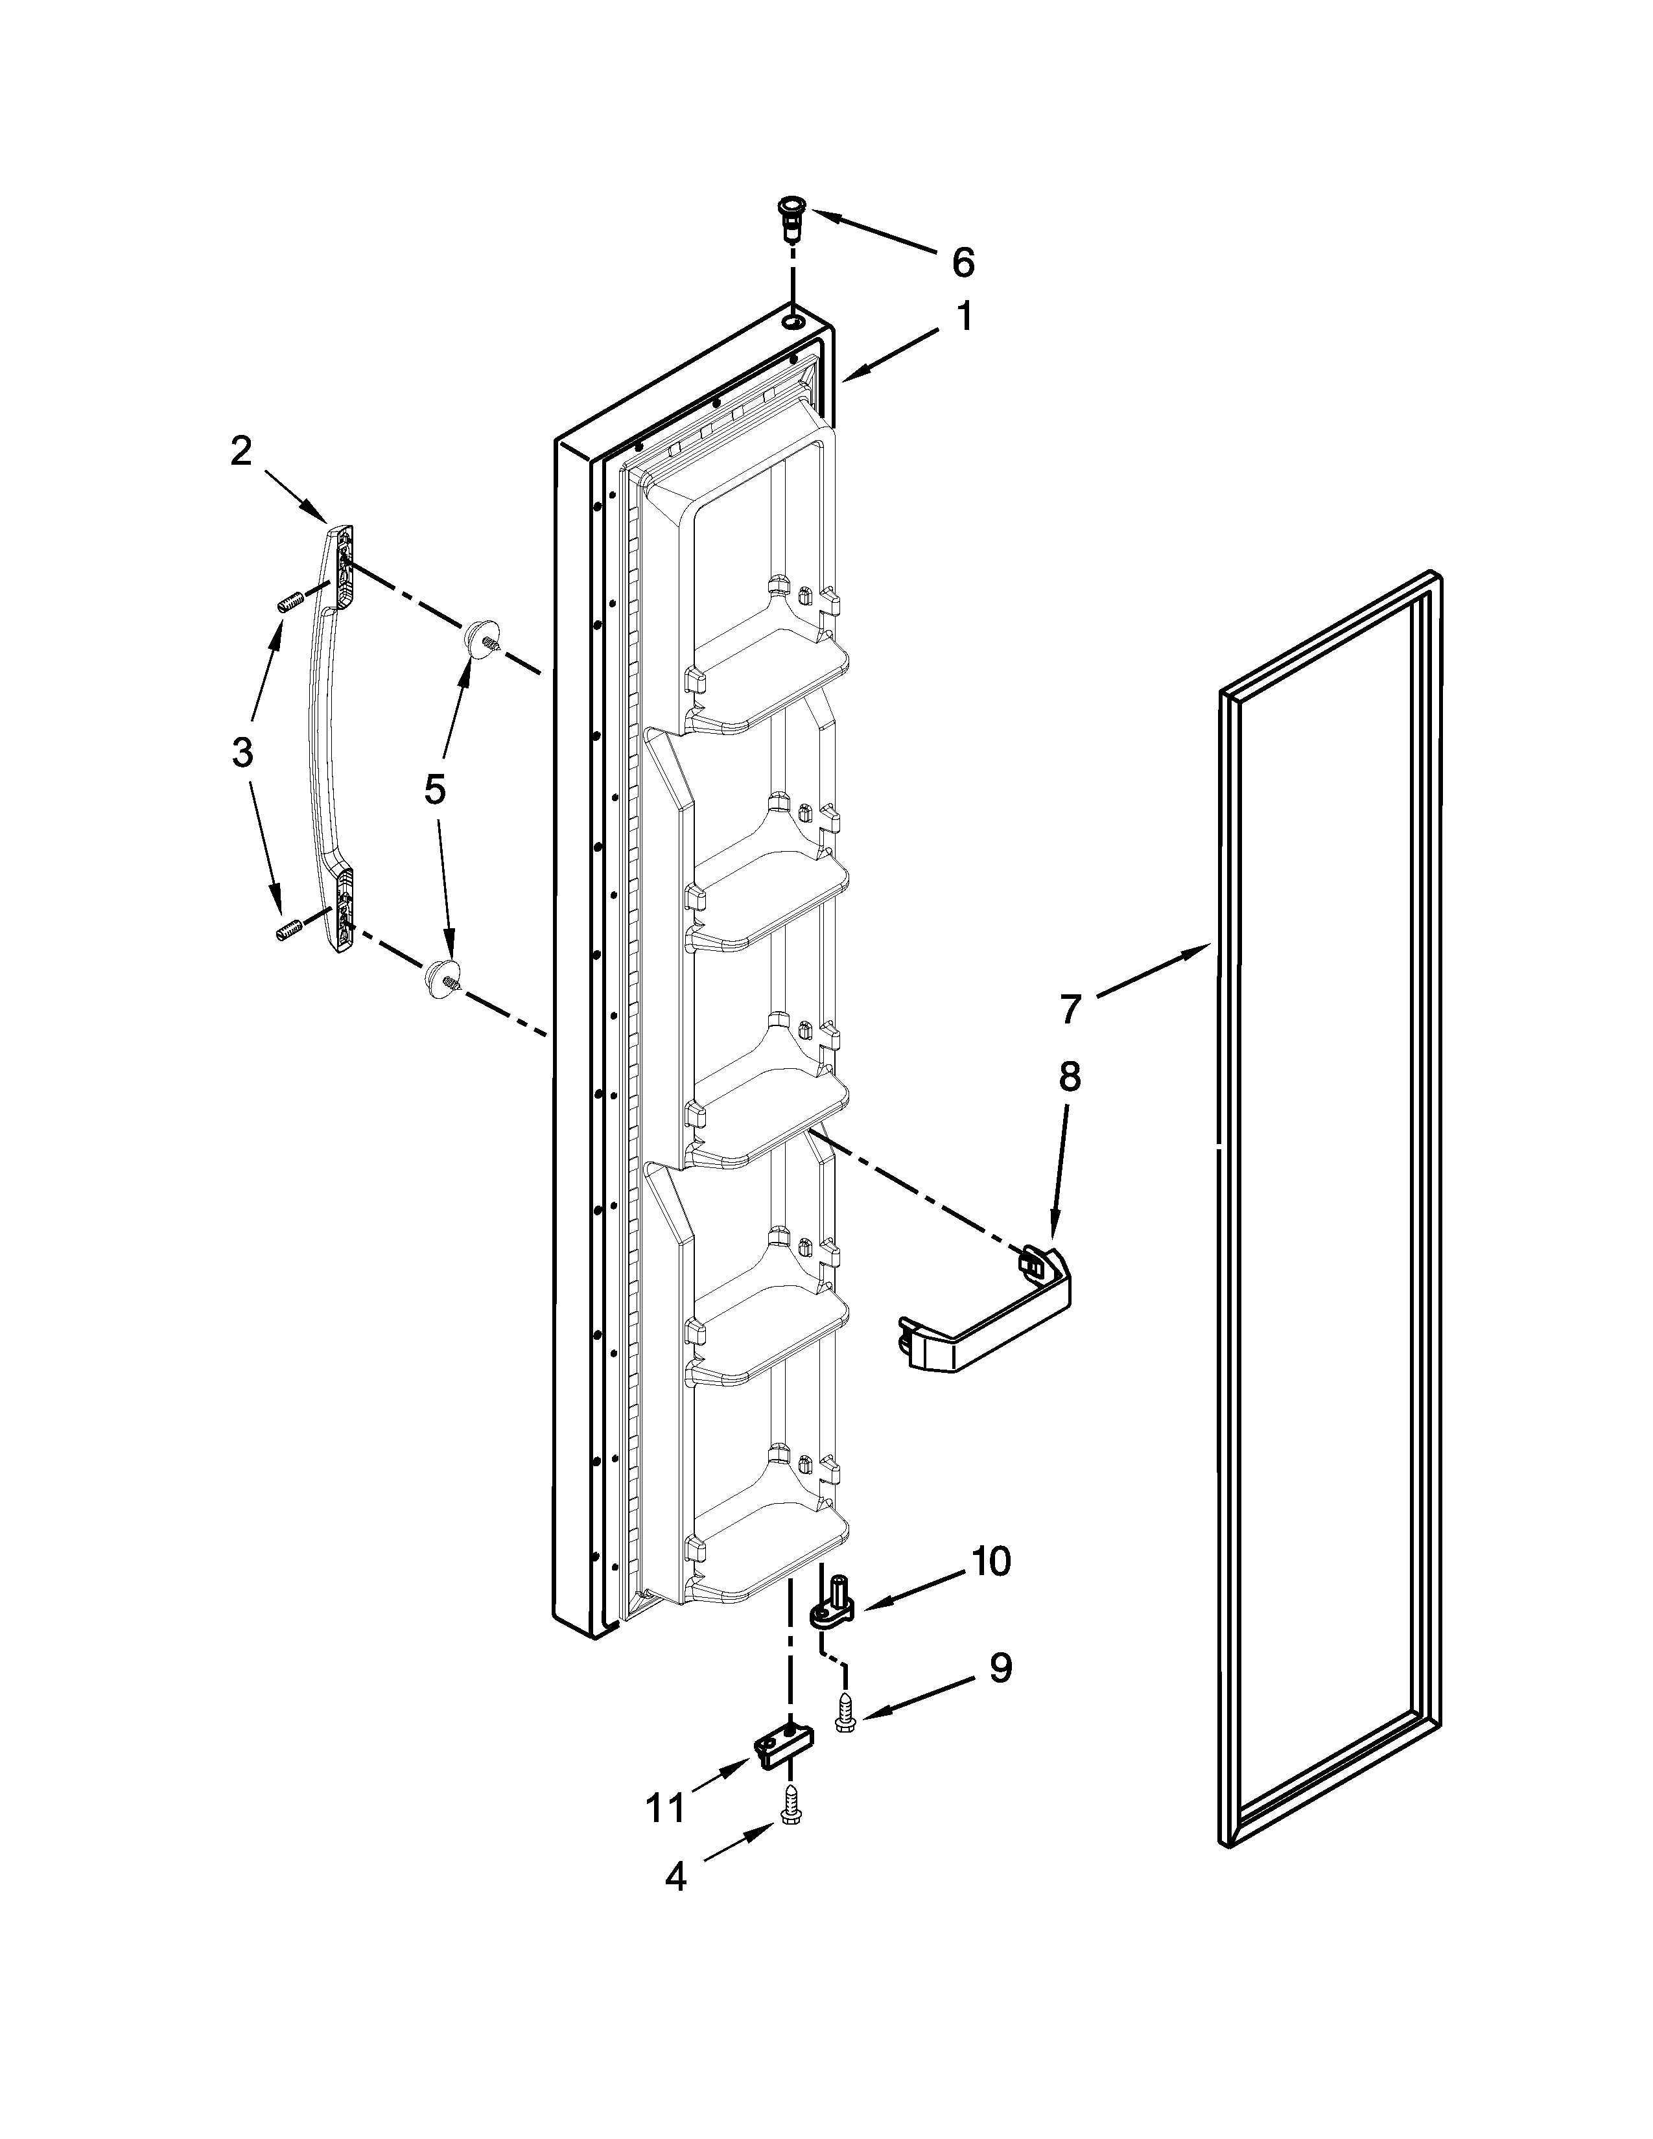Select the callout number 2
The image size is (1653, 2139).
(x=241, y=452)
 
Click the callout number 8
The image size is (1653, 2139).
(x=1070, y=1077)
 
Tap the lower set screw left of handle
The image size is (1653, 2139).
(x=285, y=931)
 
